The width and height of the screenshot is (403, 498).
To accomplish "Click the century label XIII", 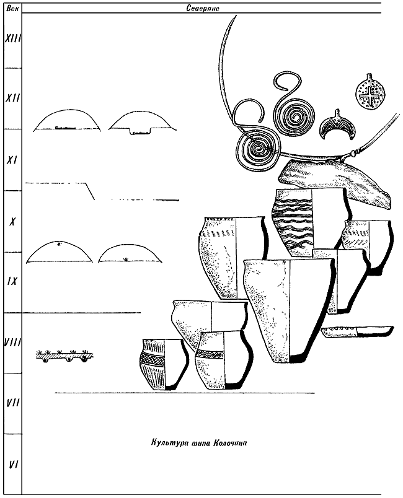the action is [x=12, y=38].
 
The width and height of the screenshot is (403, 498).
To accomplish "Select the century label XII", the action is [x=13, y=98].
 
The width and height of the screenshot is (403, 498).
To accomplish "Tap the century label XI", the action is [x=12, y=160].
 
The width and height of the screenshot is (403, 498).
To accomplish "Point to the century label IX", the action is [x=12, y=281].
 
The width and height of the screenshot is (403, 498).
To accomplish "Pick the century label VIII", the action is [x=13, y=343].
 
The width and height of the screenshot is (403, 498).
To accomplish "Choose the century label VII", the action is [x=13, y=403].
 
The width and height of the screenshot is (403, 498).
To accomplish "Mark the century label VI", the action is [x=13, y=465].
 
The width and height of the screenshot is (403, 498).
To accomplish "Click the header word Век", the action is [x=12, y=8].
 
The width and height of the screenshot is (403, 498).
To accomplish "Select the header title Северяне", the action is [x=203, y=9].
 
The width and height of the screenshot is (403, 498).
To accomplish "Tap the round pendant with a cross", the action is [x=368, y=92].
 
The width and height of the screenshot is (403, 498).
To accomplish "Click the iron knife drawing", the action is [x=357, y=331].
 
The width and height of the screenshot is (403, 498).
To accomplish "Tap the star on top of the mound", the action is [x=58, y=244].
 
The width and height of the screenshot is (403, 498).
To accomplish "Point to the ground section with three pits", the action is [x=64, y=356].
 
